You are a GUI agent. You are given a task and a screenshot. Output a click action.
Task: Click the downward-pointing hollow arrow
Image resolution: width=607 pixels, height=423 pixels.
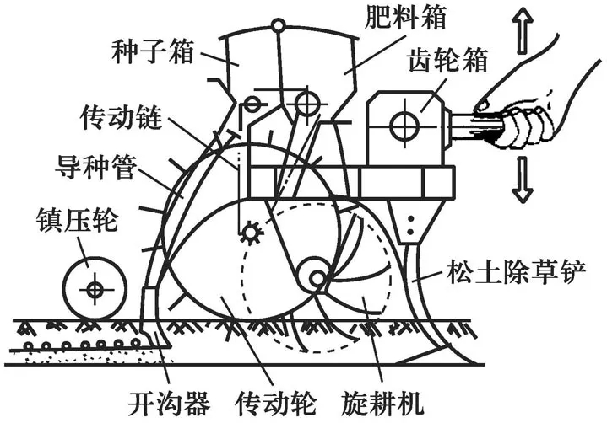click(523, 180)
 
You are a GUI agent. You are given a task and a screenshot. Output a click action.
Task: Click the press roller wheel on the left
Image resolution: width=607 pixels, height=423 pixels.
click(94, 288)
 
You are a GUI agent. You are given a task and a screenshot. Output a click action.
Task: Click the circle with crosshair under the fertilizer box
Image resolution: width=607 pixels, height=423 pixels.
click(307, 103)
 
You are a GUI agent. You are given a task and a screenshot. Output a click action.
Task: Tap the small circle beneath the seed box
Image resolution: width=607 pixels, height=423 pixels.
click(251, 104)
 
